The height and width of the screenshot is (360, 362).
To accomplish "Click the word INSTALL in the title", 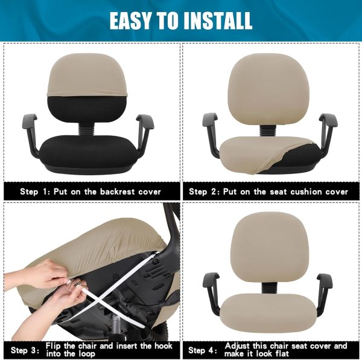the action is pos(217,21).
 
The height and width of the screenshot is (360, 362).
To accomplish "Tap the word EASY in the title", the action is pos(130,21).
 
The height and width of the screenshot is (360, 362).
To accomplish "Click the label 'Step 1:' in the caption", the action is pos(35,191).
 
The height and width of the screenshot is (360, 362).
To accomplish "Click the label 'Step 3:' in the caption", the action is pos(25,350).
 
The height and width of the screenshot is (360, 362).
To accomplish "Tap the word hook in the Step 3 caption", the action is pos(164,346).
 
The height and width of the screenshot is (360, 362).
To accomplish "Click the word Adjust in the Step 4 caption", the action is pos(238,346).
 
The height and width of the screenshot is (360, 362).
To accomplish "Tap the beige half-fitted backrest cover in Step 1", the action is pos(87,75).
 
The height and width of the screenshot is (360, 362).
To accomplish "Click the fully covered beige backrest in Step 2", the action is pos(268,89).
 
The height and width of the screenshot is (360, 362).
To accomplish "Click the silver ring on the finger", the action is pos(77,283).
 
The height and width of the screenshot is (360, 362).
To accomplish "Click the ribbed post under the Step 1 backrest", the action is pos(86,130).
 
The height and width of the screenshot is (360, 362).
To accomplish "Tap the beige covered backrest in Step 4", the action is pos(268,247).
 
